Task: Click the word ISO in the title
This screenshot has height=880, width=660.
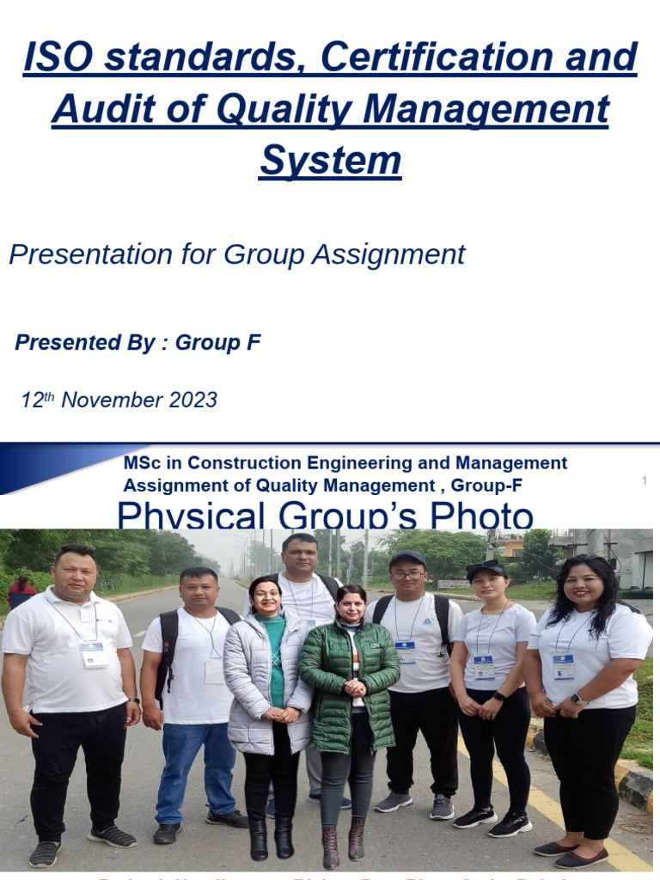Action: [52, 59]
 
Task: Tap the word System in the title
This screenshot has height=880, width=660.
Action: [330, 161]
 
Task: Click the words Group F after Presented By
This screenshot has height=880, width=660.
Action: [217, 343]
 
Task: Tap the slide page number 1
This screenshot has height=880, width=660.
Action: [644, 481]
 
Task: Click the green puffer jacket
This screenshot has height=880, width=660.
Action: [348, 687]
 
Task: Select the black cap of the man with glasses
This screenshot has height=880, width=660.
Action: [407, 559]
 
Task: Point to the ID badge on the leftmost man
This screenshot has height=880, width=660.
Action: [94, 654]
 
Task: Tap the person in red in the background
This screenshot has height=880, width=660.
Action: [21, 592]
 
